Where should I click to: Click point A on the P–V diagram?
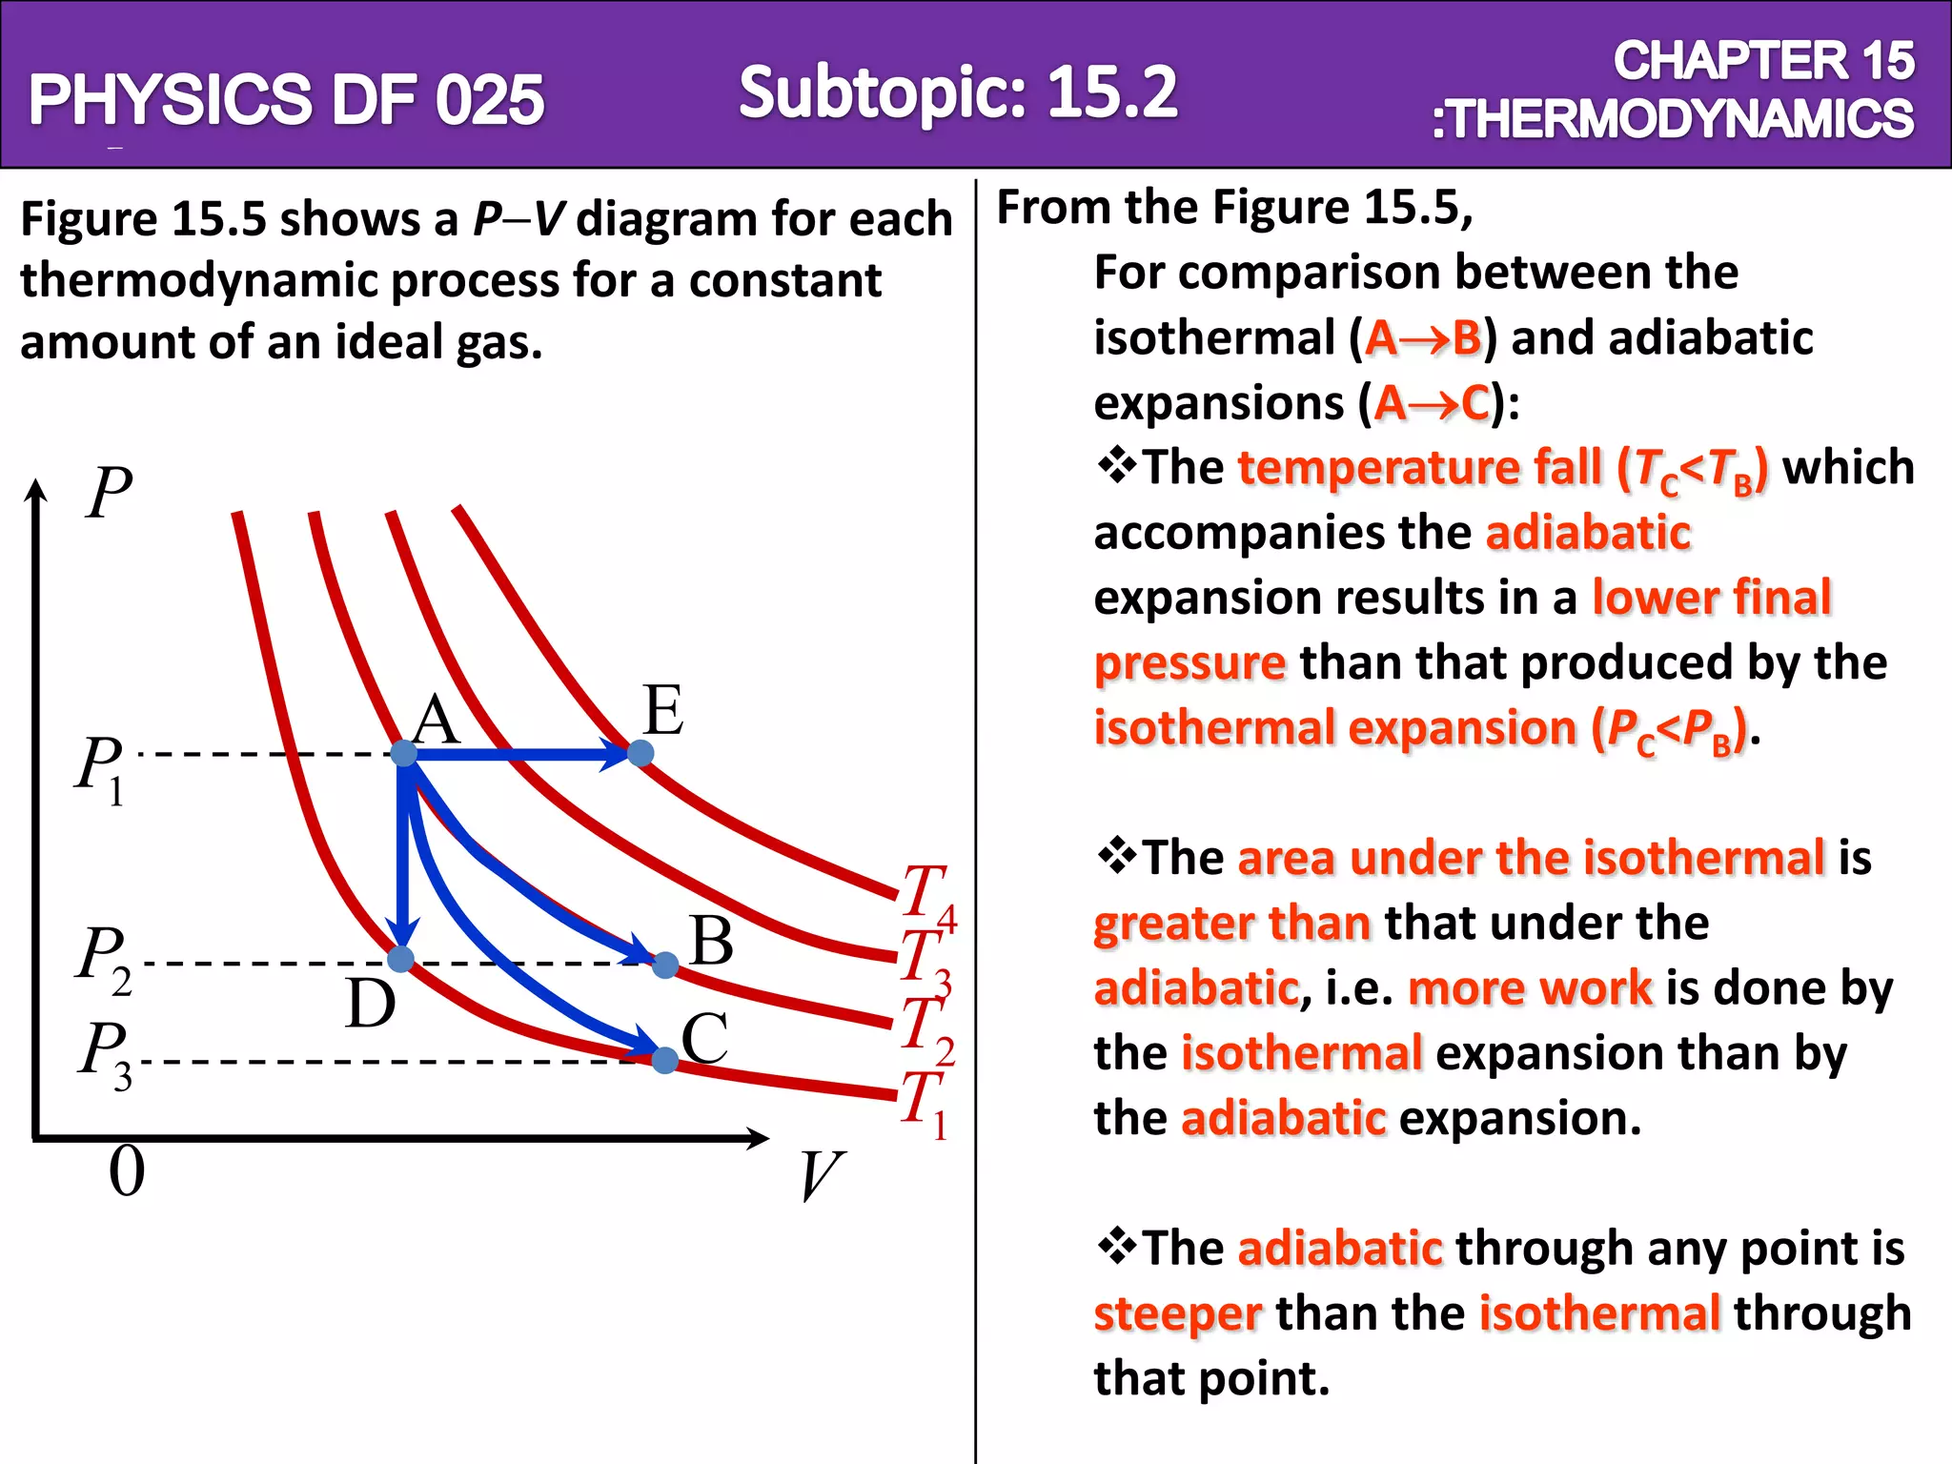click(404, 753)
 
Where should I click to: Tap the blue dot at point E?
click(640, 753)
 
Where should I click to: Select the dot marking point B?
click(665, 965)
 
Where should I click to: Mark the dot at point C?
click(665, 1059)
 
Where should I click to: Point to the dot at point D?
click(401, 959)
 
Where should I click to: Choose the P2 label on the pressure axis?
click(104, 959)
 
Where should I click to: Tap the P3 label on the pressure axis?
click(105, 1054)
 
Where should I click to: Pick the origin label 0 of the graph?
click(127, 1171)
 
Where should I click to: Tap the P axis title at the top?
click(109, 493)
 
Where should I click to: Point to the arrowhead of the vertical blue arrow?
click(403, 932)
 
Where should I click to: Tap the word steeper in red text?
click(1177, 1313)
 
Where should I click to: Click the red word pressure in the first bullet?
click(1189, 662)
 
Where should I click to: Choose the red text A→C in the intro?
click(1433, 403)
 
